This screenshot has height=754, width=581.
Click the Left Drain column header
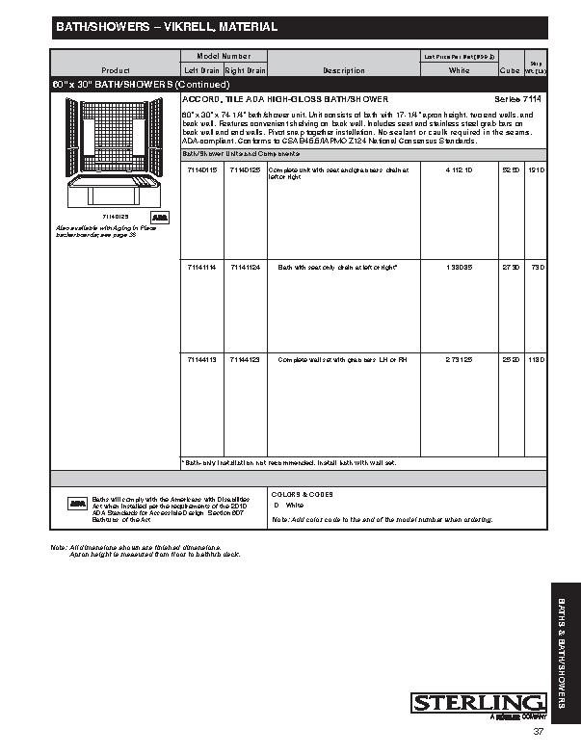pyautogui.click(x=200, y=70)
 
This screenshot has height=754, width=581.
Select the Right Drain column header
pyautogui.click(x=245, y=70)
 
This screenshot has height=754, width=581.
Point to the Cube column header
pyautogui.click(x=510, y=70)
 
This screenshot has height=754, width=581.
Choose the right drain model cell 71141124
pyautogui.click(x=245, y=266)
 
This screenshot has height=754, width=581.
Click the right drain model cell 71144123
pyautogui.click(x=245, y=359)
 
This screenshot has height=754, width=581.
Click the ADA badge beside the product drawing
pyautogui.click(x=161, y=218)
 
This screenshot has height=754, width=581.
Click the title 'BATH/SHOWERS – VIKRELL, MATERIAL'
pyautogui.click(x=165, y=27)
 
